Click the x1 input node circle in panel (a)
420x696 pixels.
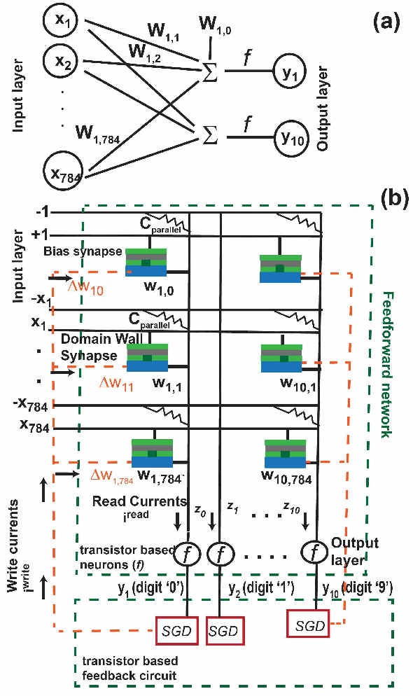[63, 24]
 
